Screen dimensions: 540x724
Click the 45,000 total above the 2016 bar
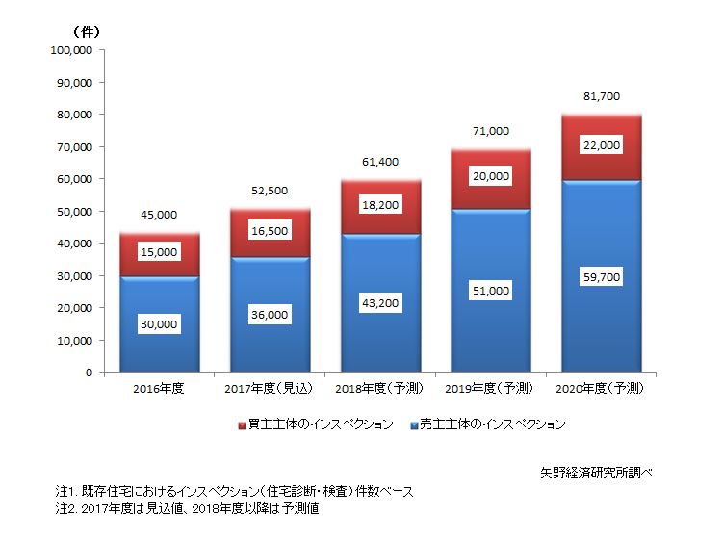tap(159, 215)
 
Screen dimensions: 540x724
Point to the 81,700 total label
tap(602, 96)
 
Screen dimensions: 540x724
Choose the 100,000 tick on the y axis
tap(71, 50)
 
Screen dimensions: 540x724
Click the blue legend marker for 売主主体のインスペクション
tap(413, 424)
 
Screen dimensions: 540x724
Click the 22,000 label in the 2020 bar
tap(602, 145)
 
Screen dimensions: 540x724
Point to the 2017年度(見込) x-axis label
tap(270, 389)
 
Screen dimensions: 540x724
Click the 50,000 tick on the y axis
tap(74, 211)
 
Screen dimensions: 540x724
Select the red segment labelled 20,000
tap(491, 177)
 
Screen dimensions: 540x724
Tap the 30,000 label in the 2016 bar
tap(159, 324)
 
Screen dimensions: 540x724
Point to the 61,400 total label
tap(380, 162)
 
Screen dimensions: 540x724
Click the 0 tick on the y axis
tap(88, 372)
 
